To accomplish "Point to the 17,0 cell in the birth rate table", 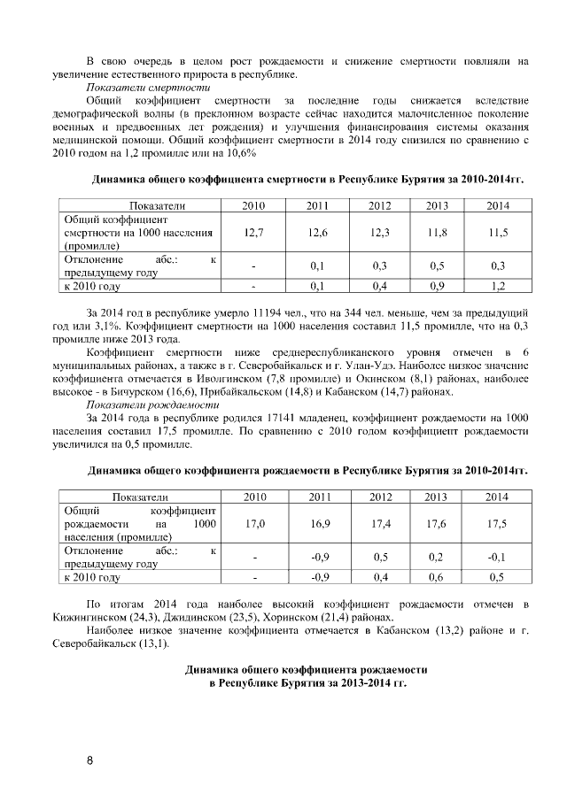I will click(254, 524).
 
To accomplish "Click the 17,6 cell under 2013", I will click(437, 524).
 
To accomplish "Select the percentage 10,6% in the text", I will click(238, 154).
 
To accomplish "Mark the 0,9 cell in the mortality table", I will click(437, 286).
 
